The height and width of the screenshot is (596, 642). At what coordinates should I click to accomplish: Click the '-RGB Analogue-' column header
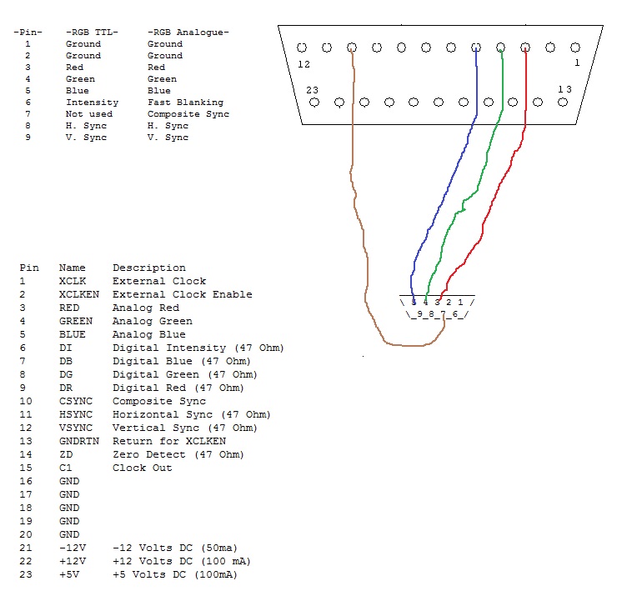188,33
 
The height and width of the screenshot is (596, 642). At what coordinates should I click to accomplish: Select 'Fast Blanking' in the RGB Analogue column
185,103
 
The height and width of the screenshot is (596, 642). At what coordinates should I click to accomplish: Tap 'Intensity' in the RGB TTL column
92,103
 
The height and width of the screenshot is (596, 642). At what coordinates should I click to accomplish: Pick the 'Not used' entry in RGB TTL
89,114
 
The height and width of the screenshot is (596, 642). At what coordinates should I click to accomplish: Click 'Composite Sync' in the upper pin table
188,114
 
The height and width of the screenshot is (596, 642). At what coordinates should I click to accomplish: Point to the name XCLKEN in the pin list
79,294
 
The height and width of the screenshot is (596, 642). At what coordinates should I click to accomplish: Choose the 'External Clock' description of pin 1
159,281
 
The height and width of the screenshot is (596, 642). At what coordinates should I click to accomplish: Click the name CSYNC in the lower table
76,401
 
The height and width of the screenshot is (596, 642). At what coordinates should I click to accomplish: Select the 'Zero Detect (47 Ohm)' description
178,454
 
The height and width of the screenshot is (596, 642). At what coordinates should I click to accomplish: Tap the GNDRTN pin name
79,441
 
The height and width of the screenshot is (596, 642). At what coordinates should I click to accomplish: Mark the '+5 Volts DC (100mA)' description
175,574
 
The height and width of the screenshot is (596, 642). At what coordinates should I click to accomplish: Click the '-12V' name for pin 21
73,548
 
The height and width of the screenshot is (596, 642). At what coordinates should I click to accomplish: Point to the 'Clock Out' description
142,468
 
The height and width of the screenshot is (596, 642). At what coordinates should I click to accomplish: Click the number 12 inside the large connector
303,64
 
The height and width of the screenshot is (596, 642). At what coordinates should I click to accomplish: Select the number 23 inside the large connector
312,90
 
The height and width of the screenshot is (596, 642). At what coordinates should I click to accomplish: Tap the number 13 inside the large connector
564,89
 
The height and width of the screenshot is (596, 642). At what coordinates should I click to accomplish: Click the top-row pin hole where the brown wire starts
352,48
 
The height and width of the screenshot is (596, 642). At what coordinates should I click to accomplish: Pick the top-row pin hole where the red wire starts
525,48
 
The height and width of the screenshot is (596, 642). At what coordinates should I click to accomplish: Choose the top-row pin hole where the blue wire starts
476,48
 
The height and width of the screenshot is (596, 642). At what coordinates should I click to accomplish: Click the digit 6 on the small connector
455,314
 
